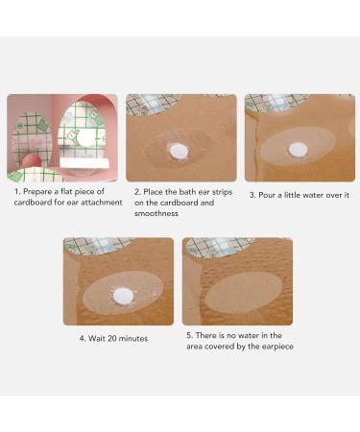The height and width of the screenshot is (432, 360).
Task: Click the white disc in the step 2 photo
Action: [x=179, y=152]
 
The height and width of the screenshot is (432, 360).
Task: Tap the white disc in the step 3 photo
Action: [x=298, y=150]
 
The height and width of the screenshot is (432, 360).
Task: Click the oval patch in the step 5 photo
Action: [x=244, y=293]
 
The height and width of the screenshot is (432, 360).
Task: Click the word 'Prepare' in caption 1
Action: [x=37, y=192]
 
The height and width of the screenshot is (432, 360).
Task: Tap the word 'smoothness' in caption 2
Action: [x=156, y=213]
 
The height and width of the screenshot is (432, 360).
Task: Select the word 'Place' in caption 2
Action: [x=153, y=192]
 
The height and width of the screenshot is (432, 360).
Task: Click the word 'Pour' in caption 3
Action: [x=267, y=195]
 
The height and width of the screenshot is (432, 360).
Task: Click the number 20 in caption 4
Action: [x=112, y=338]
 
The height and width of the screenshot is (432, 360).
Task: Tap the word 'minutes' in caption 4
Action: [x=133, y=338]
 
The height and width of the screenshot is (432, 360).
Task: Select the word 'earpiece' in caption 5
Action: [x=277, y=347]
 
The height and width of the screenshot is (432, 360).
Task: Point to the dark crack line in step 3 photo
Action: [x=256, y=147]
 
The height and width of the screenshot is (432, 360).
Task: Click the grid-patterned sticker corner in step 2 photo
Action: [x=152, y=104]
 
